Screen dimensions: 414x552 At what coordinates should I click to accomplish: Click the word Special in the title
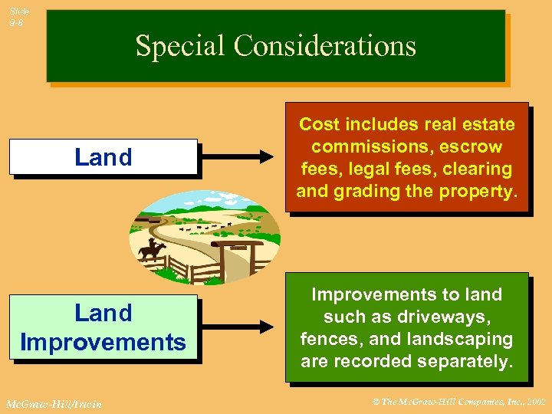[181, 47]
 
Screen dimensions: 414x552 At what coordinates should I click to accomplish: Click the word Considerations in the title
[325, 47]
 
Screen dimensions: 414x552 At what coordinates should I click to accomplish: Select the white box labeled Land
[103, 157]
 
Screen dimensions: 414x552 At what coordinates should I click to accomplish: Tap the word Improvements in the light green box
[103, 342]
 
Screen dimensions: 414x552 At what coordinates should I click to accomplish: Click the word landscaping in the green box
[465, 339]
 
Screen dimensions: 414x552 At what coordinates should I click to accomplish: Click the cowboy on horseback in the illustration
[152, 248]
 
